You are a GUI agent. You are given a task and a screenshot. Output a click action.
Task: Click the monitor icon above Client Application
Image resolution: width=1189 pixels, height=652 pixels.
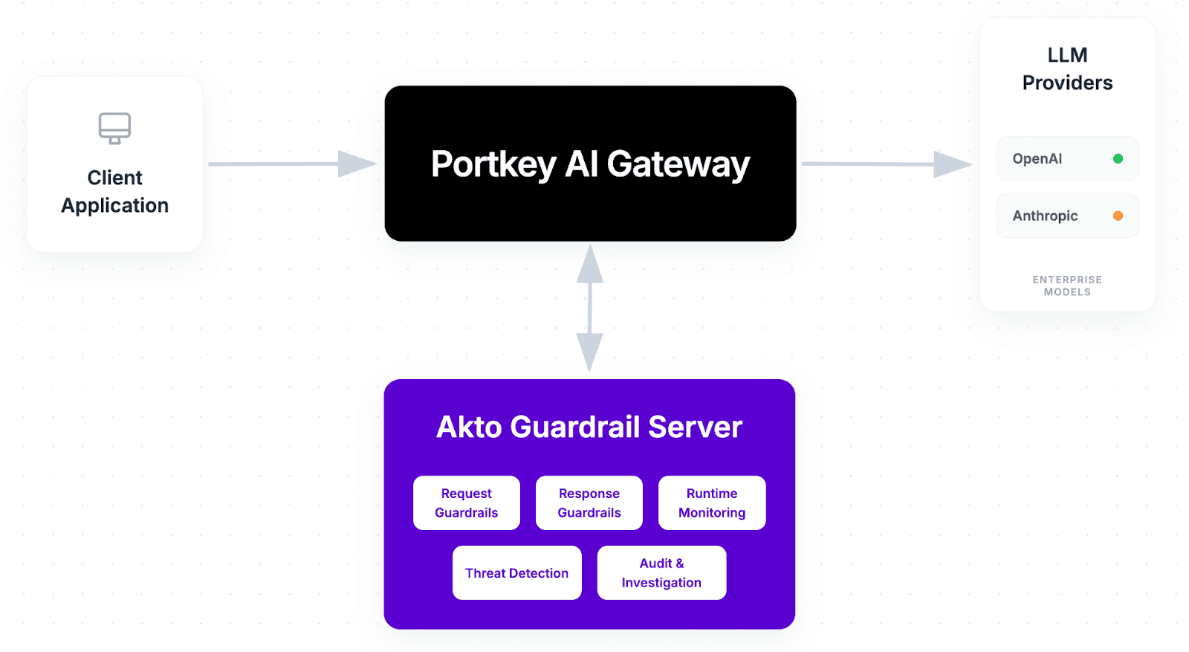(x=114, y=128)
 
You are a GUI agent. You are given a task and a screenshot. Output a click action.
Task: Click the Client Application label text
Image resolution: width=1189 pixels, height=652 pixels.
(x=114, y=192)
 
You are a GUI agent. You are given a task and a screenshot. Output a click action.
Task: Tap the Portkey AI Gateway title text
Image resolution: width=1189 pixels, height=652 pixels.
(x=590, y=164)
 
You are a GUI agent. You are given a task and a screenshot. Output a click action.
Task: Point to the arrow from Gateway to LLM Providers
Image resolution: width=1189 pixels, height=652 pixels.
(x=884, y=164)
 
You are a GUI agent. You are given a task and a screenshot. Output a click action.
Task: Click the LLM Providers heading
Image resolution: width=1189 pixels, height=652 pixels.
(x=1067, y=68)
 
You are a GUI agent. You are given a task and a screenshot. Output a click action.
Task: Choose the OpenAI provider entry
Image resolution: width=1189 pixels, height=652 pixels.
(x=1067, y=158)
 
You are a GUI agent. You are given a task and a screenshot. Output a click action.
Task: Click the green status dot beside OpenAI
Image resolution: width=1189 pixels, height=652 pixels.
(x=1118, y=158)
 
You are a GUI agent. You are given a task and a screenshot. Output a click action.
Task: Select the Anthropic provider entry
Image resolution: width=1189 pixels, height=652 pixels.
(x=1067, y=216)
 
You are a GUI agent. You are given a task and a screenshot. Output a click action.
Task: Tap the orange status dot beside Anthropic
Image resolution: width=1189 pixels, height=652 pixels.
(x=1118, y=216)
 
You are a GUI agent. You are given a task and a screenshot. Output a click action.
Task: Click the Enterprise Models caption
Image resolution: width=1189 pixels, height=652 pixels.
(x=1067, y=285)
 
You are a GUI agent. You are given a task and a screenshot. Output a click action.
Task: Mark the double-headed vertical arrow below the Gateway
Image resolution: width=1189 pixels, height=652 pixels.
(x=589, y=308)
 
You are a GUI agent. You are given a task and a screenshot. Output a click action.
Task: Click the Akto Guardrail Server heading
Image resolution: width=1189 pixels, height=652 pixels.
(x=589, y=427)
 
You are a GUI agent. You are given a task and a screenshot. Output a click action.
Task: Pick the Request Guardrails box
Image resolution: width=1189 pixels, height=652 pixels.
(x=467, y=503)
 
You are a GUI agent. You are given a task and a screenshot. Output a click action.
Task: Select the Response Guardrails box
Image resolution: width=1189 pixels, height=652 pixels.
(x=589, y=503)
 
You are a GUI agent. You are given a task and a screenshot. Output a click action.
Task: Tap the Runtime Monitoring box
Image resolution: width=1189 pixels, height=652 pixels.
(x=712, y=503)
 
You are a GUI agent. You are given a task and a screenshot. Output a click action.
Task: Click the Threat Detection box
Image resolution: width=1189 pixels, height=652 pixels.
(x=517, y=572)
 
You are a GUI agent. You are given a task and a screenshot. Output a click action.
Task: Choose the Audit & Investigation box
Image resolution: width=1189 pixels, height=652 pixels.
(x=661, y=572)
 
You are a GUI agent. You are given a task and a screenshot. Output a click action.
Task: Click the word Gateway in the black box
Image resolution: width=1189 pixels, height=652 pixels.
(x=678, y=164)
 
